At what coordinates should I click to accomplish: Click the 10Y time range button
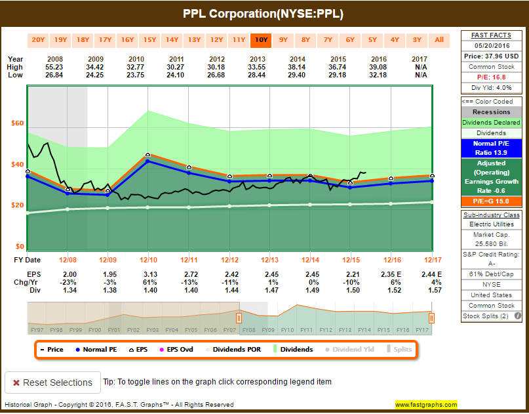tap(261, 39)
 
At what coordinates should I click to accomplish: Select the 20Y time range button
tap(39, 39)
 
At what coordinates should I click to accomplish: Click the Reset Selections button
tap(52, 383)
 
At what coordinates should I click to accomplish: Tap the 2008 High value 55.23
tap(55, 67)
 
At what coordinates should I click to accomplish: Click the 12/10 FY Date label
tap(147, 260)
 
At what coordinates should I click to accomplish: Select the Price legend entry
tap(51, 350)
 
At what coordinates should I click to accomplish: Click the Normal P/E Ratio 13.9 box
tap(492, 148)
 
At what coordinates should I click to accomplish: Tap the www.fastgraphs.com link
tap(426, 405)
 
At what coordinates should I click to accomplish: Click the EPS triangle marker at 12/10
tap(147, 154)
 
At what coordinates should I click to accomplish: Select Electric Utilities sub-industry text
tap(492, 224)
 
